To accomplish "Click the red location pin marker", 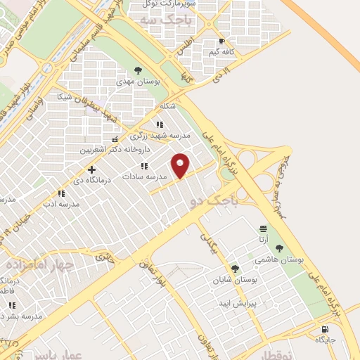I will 181,165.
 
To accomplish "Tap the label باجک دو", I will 213,202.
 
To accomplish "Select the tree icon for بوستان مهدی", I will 138,70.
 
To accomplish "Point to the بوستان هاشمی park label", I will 281,260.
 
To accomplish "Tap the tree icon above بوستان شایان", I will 235,268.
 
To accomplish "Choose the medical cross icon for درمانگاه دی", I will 91,169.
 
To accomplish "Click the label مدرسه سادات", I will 145,177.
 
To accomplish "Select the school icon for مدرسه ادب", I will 61,193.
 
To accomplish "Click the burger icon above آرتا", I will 263,229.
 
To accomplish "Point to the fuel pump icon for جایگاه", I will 324,329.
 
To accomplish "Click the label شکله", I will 167,105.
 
